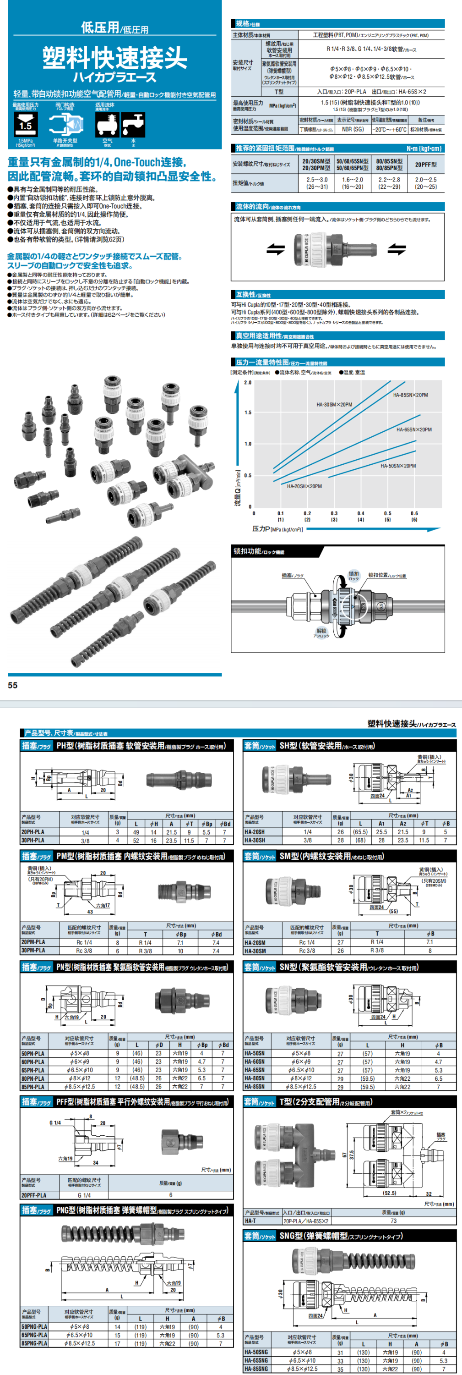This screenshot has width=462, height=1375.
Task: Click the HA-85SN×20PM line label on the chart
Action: (x=410, y=395)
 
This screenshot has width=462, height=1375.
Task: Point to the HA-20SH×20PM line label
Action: (x=304, y=486)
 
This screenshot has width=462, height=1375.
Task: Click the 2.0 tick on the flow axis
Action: (x=248, y=383)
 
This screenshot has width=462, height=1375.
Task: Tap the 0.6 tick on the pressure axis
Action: (x=414, y=513)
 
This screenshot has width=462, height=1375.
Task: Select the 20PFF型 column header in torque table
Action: (x=426, y=165)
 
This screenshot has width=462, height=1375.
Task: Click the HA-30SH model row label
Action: (x=255, y=840)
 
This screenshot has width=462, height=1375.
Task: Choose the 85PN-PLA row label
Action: (x=33, y=1086)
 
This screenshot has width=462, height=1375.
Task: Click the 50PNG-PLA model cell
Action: (x=34, y=1326)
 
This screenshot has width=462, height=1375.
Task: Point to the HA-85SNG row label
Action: (x=256, y=1369)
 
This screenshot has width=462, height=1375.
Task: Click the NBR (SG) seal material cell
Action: (x=353, y=129)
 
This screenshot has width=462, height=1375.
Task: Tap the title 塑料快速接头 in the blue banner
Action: (x=115, y=58)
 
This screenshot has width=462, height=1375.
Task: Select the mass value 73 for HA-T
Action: (x=393, y=1221)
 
